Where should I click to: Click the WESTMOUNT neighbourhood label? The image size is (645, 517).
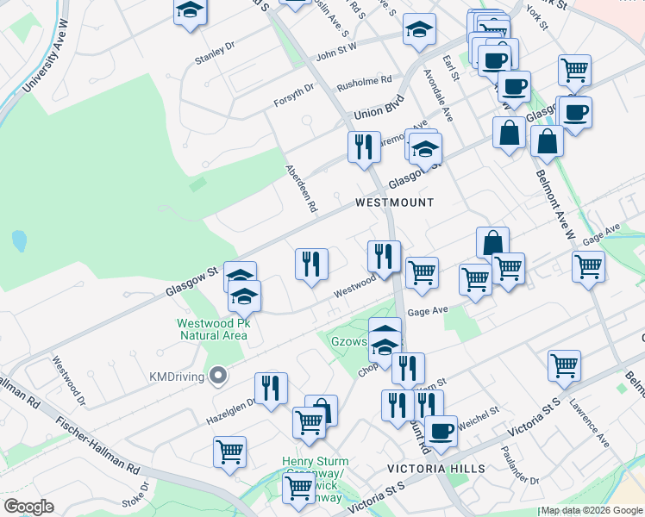click(394, 202)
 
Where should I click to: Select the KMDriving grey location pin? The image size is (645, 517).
click(218, 375)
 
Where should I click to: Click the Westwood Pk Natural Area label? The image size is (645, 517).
click(213, 329)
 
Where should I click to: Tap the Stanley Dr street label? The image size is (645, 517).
click(215, 53)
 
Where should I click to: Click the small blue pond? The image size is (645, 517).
click(19, 240)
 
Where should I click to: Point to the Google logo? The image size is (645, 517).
click(28, 506)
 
